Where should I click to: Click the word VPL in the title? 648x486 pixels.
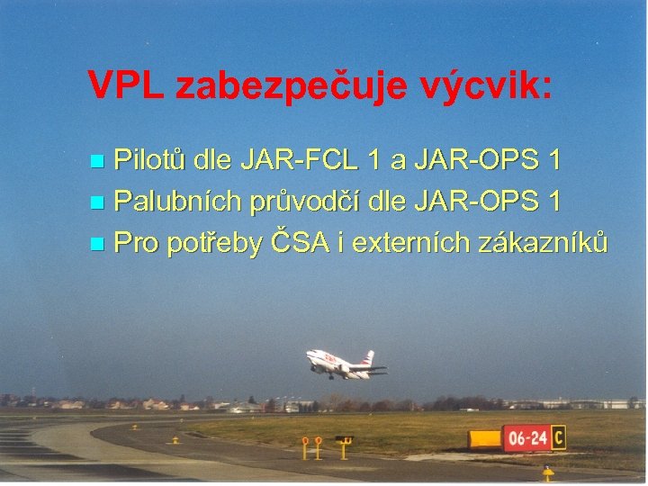click(x=125, y=86)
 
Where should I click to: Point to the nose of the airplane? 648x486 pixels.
click(x=309, y=354)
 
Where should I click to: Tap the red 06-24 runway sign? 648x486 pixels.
click(x=526, y=438)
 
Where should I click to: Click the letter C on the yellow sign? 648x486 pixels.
click(x=559, y=437)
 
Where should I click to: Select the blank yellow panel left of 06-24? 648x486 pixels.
click(x=485, y=439)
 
